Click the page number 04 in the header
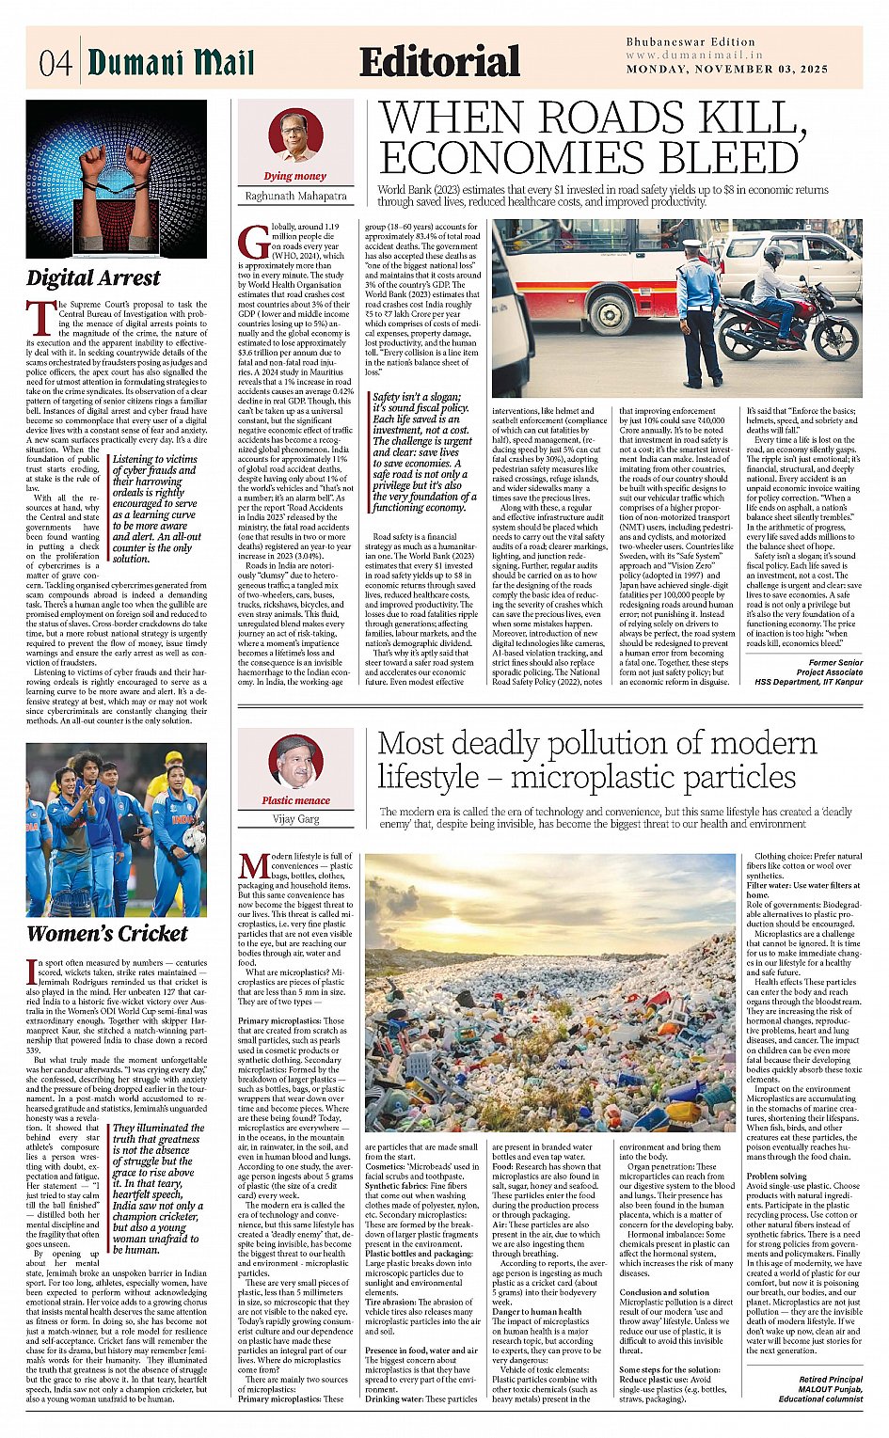pos(55,63)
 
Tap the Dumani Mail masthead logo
pos(170,62)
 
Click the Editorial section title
pos(439,63)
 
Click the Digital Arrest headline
pos(93,278)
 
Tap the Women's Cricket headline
pos(107,934)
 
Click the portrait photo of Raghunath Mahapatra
pos(295,134)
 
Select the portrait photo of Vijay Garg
pos(295,762)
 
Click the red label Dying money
pos(295,176)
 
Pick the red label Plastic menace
pos(295,800)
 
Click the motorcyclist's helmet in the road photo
pos(772,255)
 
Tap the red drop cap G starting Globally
pos(255,242)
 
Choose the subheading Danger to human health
pos(536,1311)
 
